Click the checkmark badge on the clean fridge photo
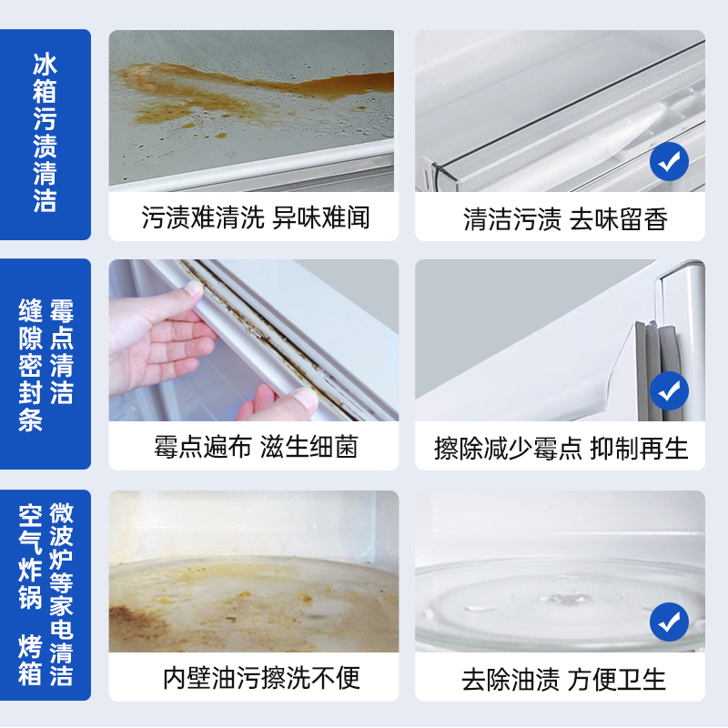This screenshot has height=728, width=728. (669, 162)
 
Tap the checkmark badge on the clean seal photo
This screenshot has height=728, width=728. (669, 391)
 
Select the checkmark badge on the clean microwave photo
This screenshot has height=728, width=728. (669, 622)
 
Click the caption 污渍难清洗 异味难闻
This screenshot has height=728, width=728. (255, 217)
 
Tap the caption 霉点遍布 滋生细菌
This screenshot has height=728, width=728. (255, 447)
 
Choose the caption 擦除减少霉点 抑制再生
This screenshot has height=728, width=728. (561, 448)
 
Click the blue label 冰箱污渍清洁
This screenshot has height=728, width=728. (45, 132)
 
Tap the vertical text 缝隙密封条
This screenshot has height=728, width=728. (31, 364)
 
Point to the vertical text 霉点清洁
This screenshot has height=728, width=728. (61, 351)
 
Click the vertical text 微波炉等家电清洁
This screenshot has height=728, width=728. (61, 593)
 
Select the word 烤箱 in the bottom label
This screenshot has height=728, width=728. (31, 660)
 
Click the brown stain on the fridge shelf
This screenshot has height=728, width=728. (273, 86)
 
